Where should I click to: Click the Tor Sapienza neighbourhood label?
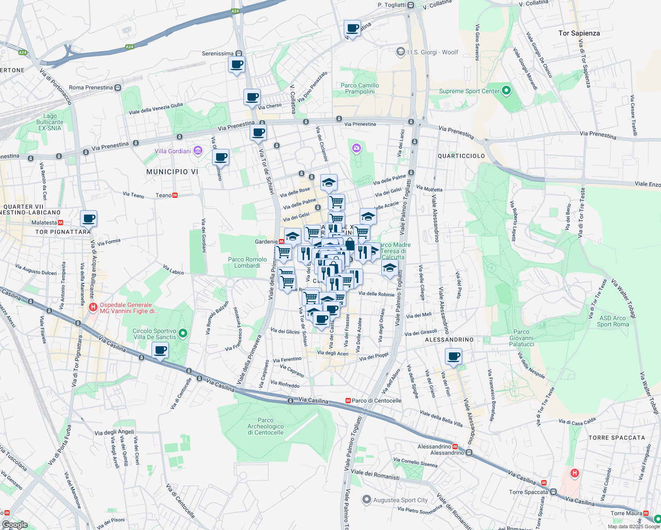click(579, 33)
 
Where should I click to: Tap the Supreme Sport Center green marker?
click(506, 91)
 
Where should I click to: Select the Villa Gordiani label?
click(173, 151)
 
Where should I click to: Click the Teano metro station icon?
click(175, 195)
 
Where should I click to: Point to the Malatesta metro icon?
click(61, 223)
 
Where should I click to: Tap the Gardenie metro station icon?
click(281, 242)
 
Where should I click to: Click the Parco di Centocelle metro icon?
click(348, 401)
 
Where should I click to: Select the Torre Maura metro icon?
click(646, 513)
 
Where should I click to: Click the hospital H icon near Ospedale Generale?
click(93, 307)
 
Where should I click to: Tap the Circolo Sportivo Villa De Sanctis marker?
click(183, 333)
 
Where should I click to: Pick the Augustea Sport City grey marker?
click(366, 500)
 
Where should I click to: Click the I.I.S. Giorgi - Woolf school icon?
click(400, 52)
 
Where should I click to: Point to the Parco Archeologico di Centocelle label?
click(266, 426)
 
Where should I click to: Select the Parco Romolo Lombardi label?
click(247, 262)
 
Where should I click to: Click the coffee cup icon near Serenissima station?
click(236, 64)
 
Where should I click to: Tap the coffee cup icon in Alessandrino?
click(453, 356)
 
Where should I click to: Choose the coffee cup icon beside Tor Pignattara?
click(88, 218)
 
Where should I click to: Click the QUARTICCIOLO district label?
click(461, 156)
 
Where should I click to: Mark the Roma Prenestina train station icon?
click(118, 87)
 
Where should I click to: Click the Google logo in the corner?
click(15, 525)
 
